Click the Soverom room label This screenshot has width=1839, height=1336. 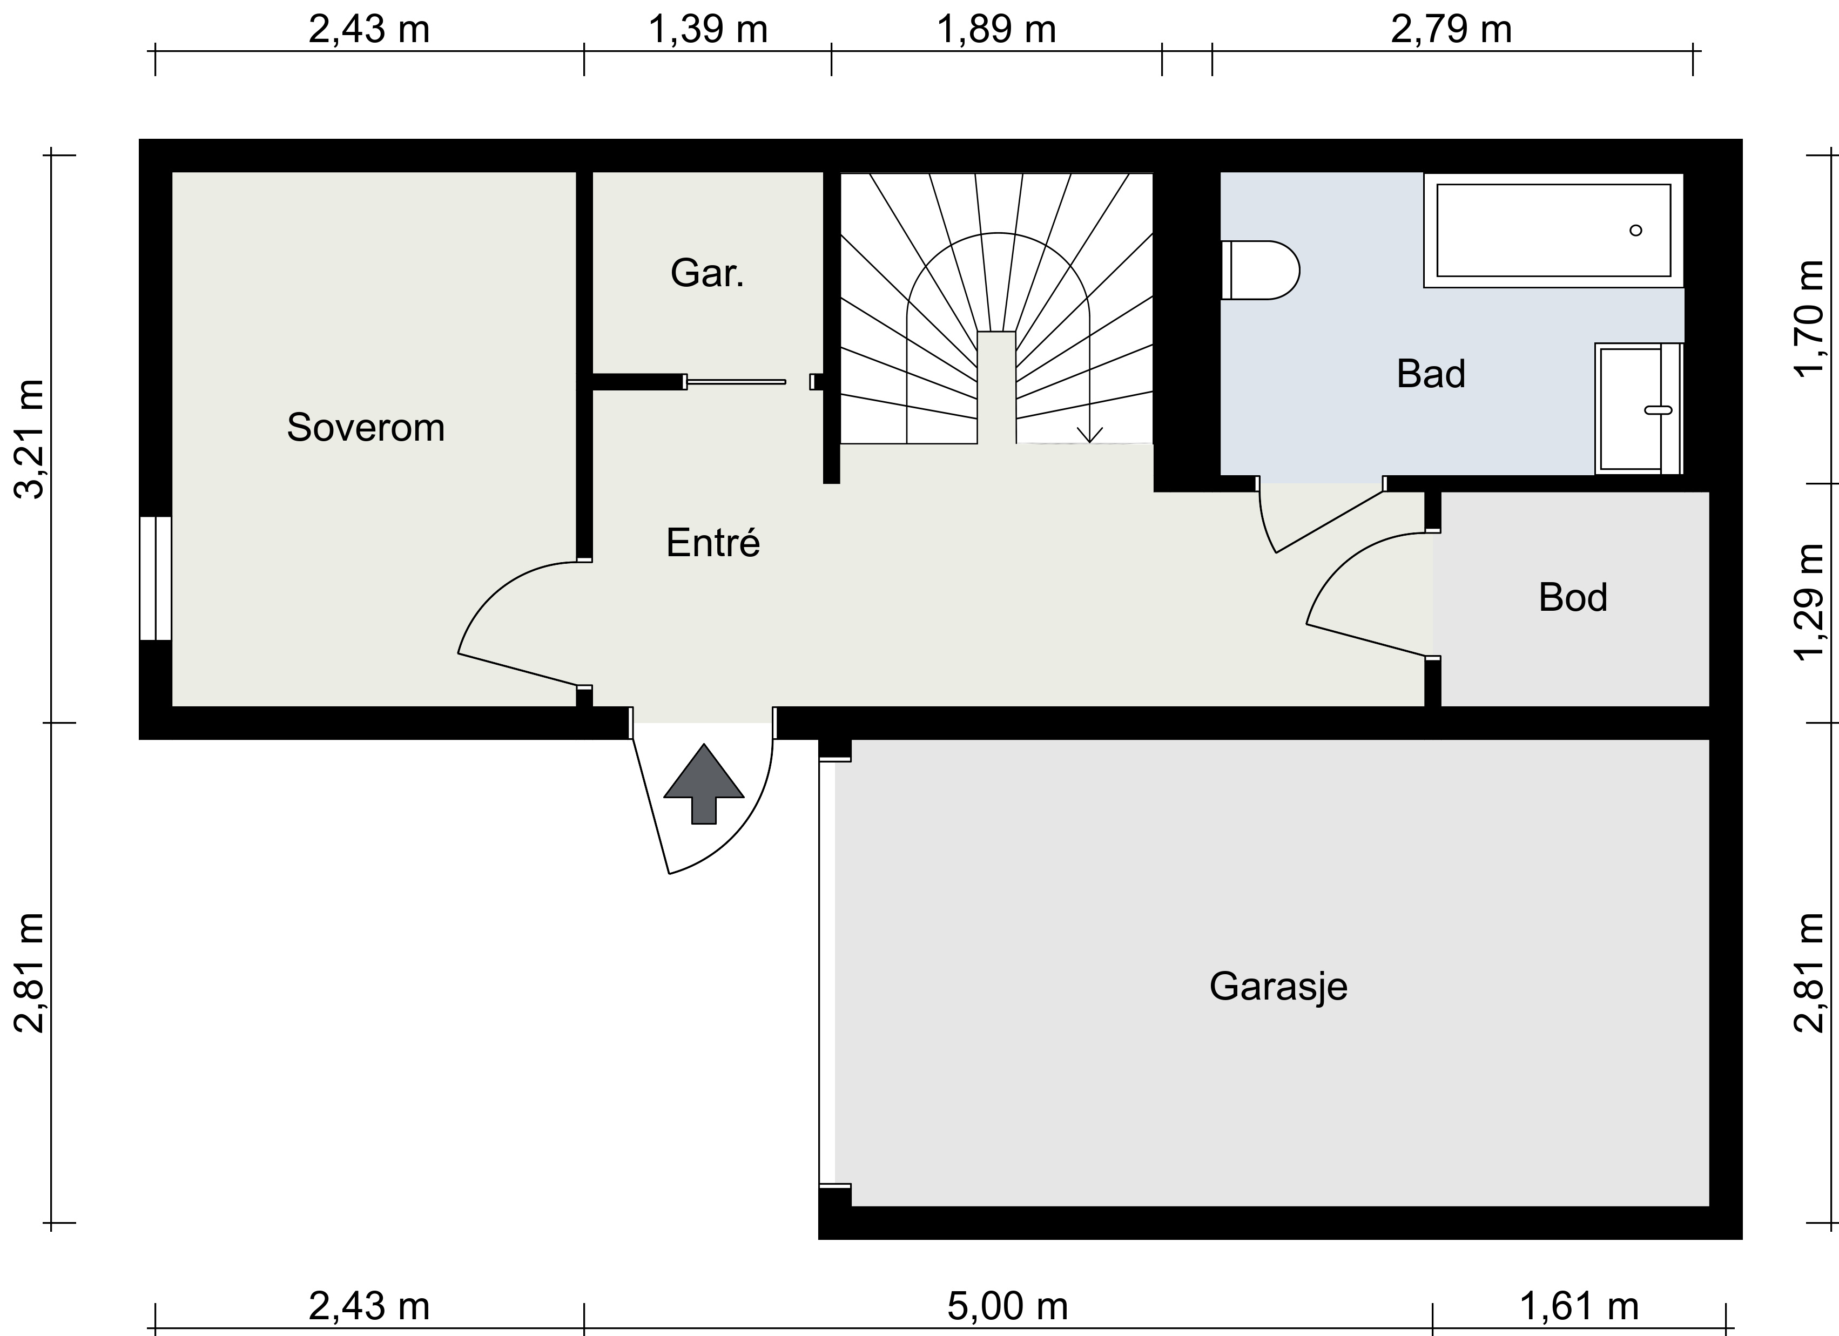coord(366,427)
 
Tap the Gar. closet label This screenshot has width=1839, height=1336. coord(707,273)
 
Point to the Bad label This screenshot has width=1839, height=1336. coord(1431,374)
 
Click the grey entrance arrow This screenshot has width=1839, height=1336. coord(704,784)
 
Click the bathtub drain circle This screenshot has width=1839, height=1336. coord(1635,230)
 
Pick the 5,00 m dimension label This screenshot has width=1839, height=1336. coord(1007,1307)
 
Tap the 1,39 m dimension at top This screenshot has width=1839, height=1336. coord(708,30)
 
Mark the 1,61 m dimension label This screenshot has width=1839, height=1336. coord(1579,1307)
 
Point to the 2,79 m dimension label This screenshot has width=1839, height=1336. coord(1451,30)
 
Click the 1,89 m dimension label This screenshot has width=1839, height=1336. coord(996,30)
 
